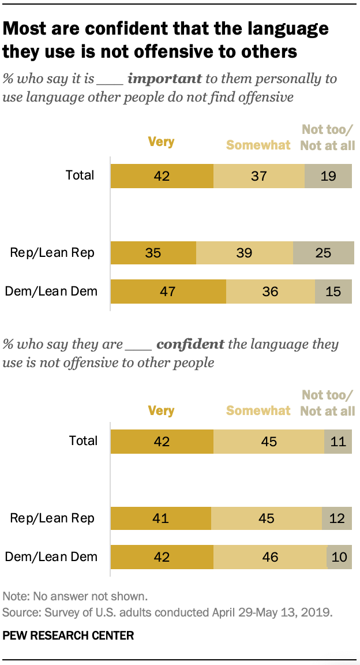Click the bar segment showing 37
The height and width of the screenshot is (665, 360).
(x=258, y=175)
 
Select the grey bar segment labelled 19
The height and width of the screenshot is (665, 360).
(x=328, y=175)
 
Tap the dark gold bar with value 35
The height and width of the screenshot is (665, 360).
(x=153, y=252)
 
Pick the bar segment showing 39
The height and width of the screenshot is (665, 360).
(x=245, y=252)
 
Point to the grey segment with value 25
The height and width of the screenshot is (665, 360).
(x=323, y=252)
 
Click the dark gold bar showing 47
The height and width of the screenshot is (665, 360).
(x=168, y=292)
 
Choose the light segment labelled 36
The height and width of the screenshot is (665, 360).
(x=270, y=292)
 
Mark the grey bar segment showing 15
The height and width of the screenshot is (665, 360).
(x=333, y=292)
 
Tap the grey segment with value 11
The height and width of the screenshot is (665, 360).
(x=337, y=442)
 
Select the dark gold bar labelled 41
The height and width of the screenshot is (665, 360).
(x=160, y=518)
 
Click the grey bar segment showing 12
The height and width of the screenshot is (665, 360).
(x=336, y=518)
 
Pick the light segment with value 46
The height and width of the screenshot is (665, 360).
(x=270, y=557)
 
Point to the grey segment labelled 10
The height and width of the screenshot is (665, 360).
(x=339, y=557)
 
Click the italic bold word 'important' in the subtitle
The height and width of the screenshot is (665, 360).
(x=164, y=79)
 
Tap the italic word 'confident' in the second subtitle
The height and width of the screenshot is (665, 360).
(x=190, y=345)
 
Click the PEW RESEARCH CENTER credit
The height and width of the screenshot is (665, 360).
(x=68, y=636)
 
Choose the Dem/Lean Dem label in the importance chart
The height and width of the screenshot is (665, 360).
(x=51, y=292)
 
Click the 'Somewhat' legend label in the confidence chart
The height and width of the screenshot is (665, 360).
(x=258, y=410)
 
